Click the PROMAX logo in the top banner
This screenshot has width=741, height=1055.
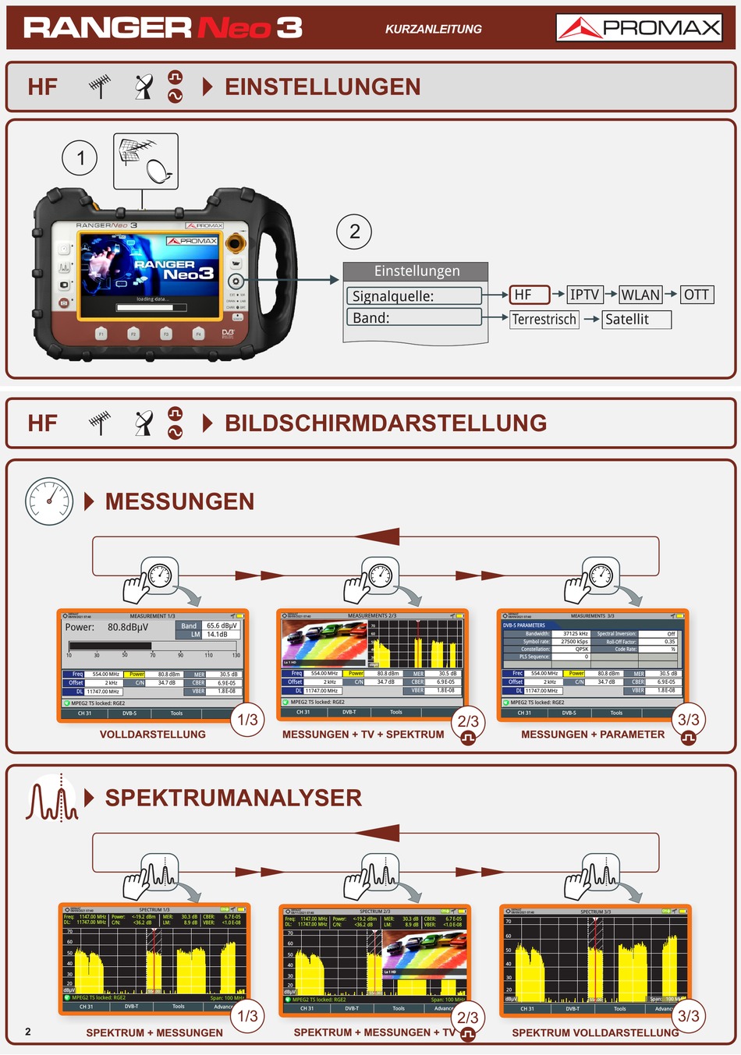click(x=639, y=28)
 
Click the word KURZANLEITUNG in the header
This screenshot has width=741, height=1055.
click(x=433, y=29)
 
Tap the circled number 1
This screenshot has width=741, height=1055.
click(x=80, y=159)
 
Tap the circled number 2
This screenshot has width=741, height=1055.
click(x=354, y=232)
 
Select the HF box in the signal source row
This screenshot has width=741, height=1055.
click(x=530, y=295)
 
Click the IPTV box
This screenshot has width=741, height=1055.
click(x=584, y=295)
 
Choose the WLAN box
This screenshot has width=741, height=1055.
click(x=640, y=295)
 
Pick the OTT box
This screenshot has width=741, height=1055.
click(x=696, y=295)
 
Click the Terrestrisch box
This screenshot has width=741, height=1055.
click(x=544, y=319)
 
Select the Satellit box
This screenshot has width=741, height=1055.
click(x=636, y=319)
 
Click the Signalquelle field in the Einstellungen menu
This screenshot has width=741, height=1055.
click(x=414, y=296)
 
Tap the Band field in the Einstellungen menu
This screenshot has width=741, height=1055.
click(x=414, y=317)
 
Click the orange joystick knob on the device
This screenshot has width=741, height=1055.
click(x=234, y=243)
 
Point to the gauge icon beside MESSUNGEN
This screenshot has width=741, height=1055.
click(x=49, y=501)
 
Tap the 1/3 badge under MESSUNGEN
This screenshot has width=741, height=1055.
click(x=247, y=720)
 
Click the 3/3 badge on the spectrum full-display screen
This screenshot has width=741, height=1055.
click(x=688, y=1016)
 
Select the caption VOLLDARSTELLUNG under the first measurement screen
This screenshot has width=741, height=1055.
click(x=153, y=735)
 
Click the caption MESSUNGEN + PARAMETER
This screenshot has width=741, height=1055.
click(x=593, y=735)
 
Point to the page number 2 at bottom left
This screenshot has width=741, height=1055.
click(x=28, y=1032)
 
